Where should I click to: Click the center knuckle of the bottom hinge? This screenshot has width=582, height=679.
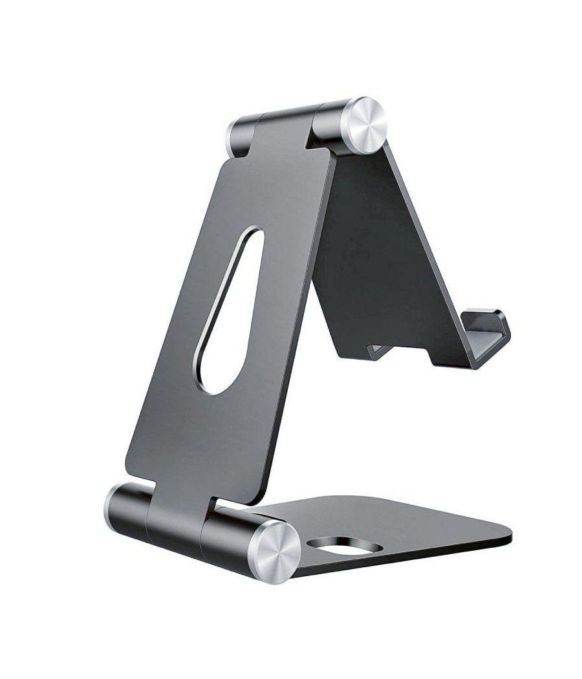tap(175, 521)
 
